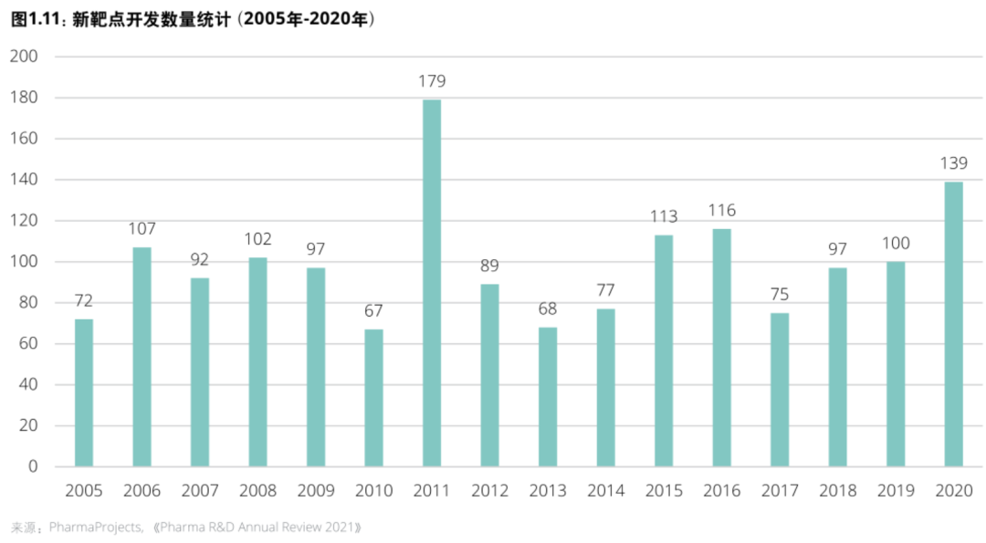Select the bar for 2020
point(953,324)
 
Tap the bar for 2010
point(373,398)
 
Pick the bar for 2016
point(721,348)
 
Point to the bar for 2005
point(84,392)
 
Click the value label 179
point(432,81)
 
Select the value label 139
point(953,163)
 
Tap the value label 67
point(373,311)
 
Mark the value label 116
point(721,211)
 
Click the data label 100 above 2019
point(895,244)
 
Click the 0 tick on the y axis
point(33,466)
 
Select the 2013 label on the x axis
point(548,491)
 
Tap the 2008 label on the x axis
point(257,491)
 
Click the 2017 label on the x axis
point(780,491)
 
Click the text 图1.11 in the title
point(35,19)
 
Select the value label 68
point(548,309)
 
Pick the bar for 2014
point(605,388)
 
